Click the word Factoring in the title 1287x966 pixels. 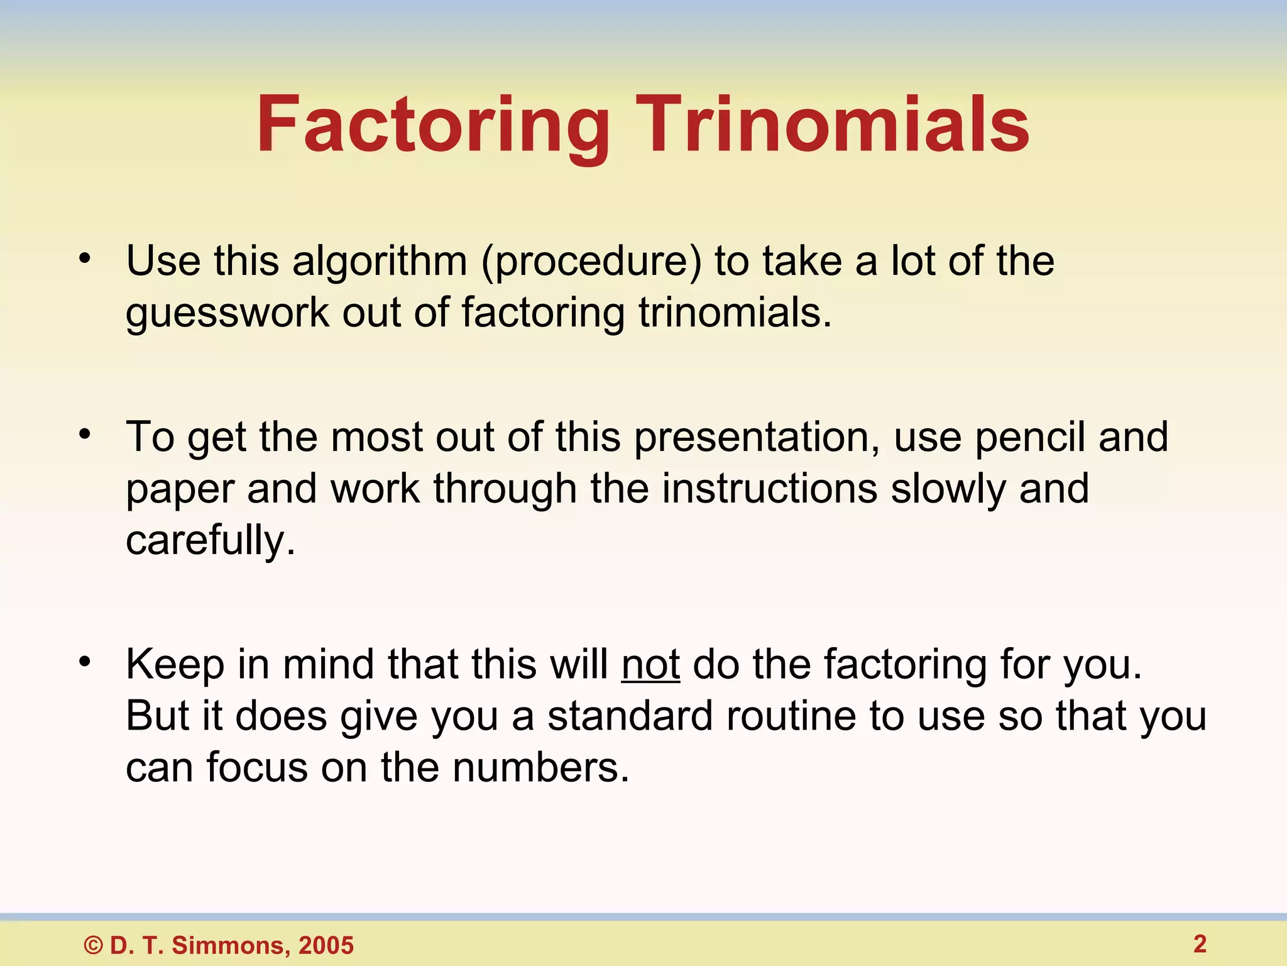tap(432, 126)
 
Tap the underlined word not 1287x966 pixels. tap(650, 665)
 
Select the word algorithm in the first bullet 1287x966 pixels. tap(380, 262)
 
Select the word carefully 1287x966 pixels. tap(210, 541)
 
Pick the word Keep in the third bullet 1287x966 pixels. tap(175, 665)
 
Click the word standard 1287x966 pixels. tap(630, 716)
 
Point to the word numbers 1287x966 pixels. tap(540, 768)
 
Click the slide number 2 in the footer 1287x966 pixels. tap(1200, 944)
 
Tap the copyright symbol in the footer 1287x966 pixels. tap(94, 945)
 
